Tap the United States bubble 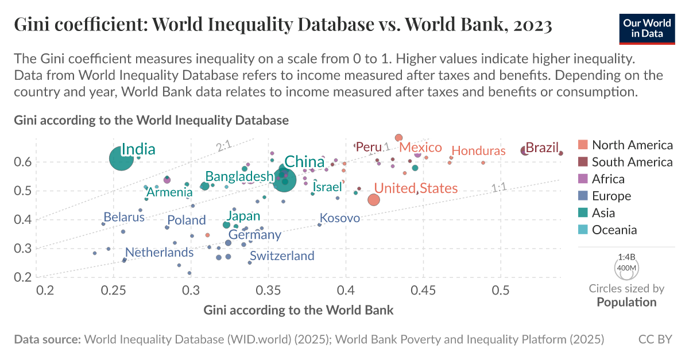[374, 200]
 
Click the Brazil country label [542, 148]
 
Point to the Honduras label [478, 151]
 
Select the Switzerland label [282, 256]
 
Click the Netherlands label [159, 253]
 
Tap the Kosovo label [339, 218]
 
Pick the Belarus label [124, 218]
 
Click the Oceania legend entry [614, 230]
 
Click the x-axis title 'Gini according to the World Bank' [299, 311]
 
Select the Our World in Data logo [646, 26]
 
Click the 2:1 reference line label [223, 148]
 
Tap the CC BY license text [655, 340]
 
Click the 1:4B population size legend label [627, 257]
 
